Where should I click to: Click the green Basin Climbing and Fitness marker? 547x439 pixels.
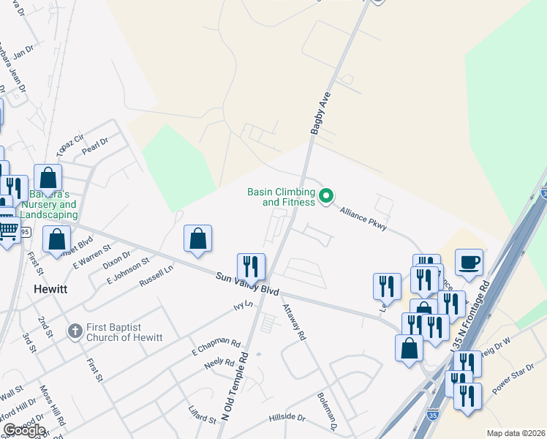tap(327, 196)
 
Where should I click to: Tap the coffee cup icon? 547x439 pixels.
tap(469, 261)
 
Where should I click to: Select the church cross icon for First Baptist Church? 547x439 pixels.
tap(74, 331)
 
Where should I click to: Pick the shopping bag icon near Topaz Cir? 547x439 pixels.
tap(48, 178)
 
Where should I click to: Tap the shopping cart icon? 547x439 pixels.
tap(8, 231)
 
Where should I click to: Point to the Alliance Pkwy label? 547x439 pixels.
tap(363, 218)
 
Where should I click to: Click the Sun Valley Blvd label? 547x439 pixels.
tap(248, 284)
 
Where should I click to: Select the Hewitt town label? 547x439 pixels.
tap(50, 289)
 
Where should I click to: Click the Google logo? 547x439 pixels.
tap(23, 429)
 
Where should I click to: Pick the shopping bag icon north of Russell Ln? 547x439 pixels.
tap(197, 238)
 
